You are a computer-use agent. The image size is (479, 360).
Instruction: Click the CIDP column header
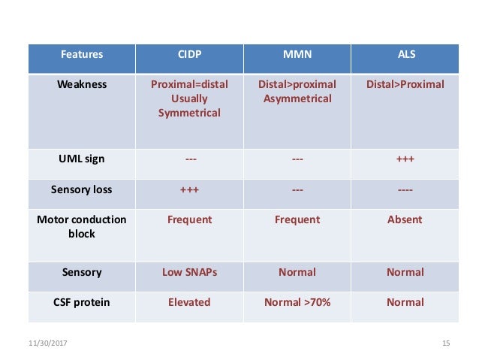point(189,55)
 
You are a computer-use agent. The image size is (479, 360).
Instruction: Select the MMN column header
point(297,55)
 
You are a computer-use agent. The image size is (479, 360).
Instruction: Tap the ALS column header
point(405,55)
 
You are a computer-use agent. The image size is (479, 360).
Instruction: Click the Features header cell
point(82,55)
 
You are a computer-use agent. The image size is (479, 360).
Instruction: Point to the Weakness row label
point(82,84)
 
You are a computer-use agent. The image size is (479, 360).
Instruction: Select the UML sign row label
point(82,159)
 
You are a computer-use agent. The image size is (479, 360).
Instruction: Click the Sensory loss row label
point(82,189)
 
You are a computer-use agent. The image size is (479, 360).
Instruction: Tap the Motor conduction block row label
point(82,227)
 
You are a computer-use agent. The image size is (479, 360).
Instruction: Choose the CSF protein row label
point(82,302)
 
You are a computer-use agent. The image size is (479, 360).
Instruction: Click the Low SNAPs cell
point(189,272)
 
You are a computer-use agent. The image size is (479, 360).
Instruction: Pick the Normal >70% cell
point(297,302)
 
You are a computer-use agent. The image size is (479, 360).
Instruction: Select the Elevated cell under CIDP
point(189,302)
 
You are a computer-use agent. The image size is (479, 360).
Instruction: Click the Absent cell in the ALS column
point(405,219)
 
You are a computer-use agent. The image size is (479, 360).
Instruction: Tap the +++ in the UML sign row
point(405,159)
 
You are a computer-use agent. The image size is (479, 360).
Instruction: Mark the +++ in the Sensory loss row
point(189,189)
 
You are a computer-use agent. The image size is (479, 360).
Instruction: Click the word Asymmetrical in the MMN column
point(297,98)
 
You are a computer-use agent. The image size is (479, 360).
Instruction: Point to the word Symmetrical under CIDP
point(189,113)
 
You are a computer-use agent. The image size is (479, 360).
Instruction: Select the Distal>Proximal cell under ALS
point(405,84)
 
